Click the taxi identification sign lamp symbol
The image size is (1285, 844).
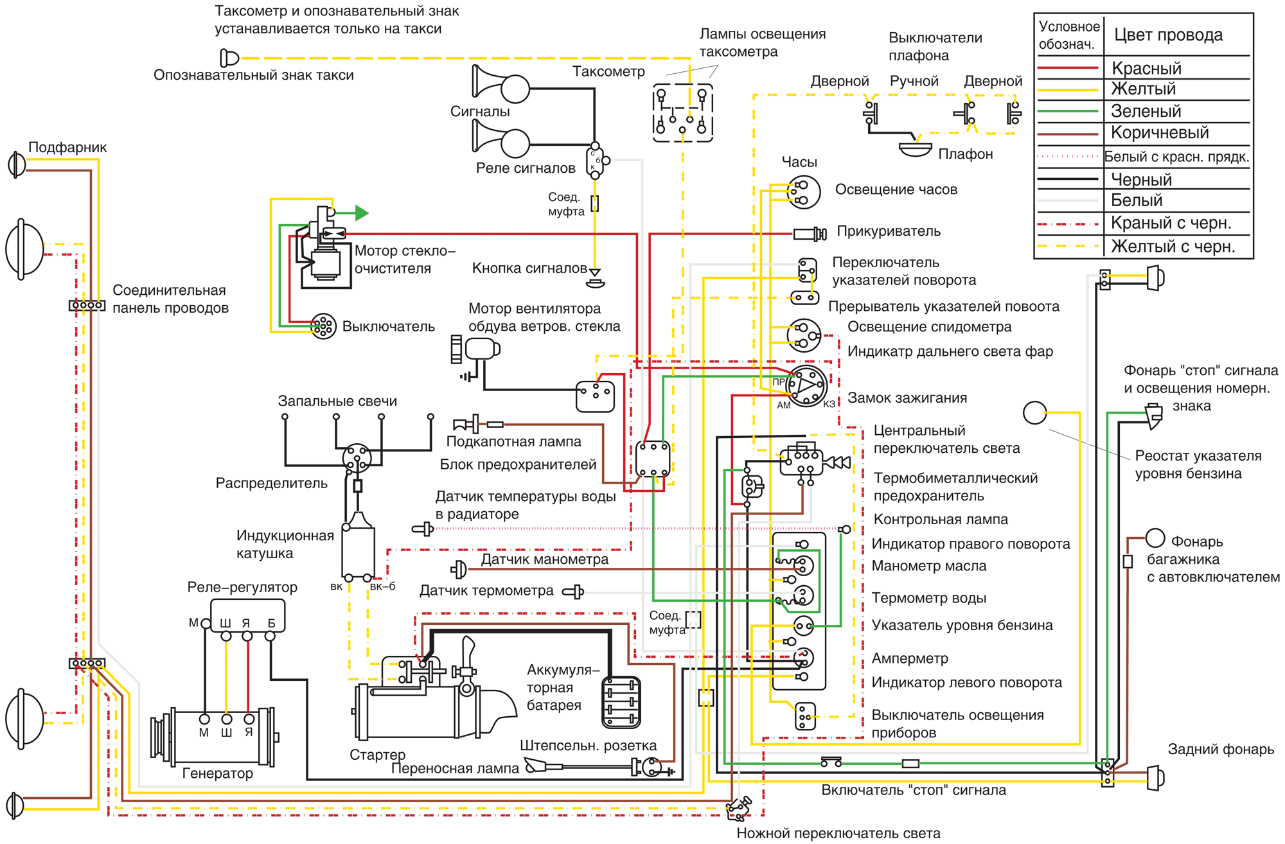coord(229,58)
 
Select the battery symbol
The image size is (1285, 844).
coord(621,702)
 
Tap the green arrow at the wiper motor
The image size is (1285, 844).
coord(362,213)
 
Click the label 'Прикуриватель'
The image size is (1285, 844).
coord(889,231)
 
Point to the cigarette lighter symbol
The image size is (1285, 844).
coord(810,234)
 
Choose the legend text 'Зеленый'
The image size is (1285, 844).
coord(1146,111)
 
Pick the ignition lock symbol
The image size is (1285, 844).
coord(808,385)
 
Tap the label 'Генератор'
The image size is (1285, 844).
coord(217,773)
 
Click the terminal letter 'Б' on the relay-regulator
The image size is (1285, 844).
coord(271,623)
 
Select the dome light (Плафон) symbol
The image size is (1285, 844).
coord(915,149)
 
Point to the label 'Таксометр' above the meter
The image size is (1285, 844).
coord(608,71)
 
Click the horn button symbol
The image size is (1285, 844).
coord(596,278)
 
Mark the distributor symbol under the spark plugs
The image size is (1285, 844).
coord(357,458)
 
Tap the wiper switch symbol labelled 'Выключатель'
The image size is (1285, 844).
coord(323,326)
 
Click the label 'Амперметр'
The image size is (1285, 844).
coord(910,658)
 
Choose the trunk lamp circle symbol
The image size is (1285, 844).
coord(1155,538)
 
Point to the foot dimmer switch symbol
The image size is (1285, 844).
coord(739,808)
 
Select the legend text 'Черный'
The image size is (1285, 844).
coord(1142,179)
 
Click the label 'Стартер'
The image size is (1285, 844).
coord(377,755)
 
